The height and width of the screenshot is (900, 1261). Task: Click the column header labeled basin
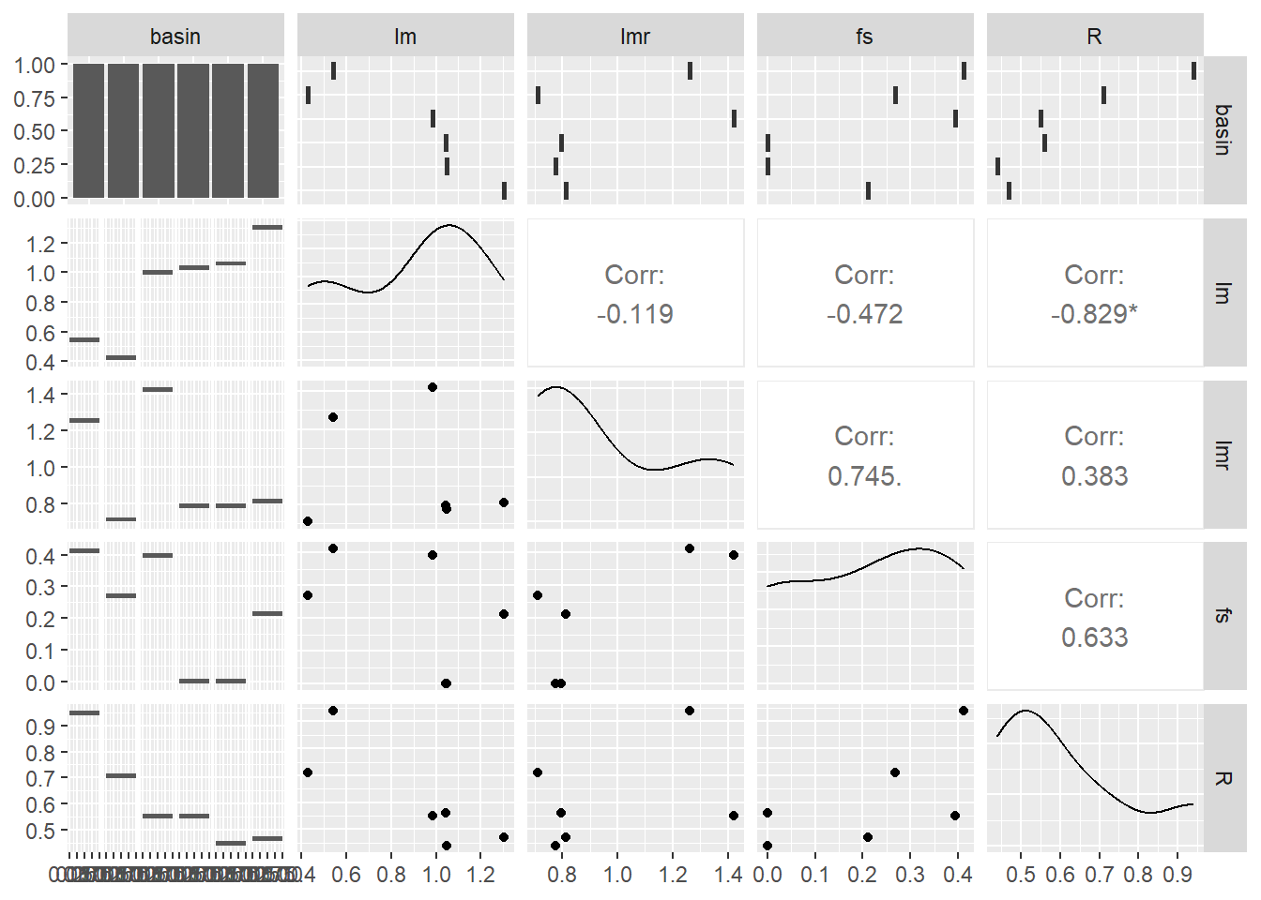coord(175,37)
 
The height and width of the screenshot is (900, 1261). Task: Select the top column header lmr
coord(635,37)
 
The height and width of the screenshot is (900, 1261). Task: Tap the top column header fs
coord(864,37)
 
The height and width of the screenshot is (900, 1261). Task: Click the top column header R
coord(1094,37)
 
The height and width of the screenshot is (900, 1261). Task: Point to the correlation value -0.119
coord(635,314)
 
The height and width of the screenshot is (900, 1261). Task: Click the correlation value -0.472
coord(864,314)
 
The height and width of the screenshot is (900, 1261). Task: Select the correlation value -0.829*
coord(1094,314)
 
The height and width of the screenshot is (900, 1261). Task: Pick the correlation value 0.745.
coord(864,476)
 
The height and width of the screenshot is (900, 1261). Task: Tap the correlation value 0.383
coord(1094,476)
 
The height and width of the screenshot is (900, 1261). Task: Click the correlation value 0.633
coord(1094,637)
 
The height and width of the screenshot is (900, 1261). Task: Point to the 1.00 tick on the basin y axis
coord(35,65)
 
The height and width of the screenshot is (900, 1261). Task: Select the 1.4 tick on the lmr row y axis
coord(41,395)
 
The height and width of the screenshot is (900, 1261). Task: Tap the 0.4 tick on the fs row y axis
coord(41,556)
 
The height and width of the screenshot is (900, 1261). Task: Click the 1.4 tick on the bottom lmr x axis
coord(728,875)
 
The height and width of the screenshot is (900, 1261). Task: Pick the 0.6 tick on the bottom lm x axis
coord(346,875)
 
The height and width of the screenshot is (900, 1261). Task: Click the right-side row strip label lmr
coord(1223,455)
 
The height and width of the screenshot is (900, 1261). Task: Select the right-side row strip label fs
coord(1223,616)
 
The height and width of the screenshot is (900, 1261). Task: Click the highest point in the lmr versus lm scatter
coord(433,387)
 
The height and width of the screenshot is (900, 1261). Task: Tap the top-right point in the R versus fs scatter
coord(964,711)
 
